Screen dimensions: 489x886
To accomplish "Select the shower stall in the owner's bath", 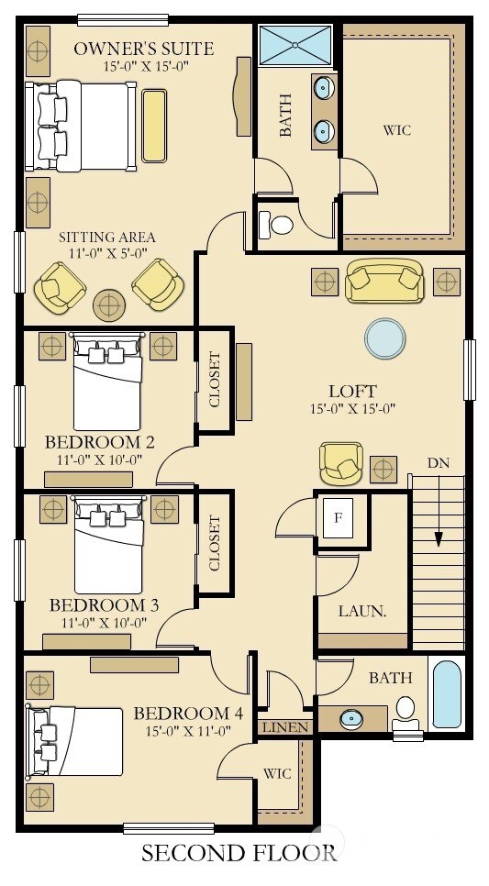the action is [295, 45].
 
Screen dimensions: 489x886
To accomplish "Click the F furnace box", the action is [338, 517].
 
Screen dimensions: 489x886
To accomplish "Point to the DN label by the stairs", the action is [439, 463].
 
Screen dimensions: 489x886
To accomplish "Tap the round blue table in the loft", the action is [385, 338].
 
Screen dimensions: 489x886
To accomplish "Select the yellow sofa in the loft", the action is [384, 280].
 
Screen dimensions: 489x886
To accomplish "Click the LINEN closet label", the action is [286, 727].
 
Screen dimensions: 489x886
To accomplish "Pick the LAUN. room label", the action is [361, 611].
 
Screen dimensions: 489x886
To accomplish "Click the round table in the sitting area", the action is [109, 305].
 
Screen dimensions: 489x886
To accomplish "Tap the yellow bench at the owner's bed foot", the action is [154, 126].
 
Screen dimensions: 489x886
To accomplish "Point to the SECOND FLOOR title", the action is [239, 852].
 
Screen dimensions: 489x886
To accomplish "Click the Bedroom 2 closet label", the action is [215, 380].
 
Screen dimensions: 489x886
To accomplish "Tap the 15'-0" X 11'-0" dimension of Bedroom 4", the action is [189, 731].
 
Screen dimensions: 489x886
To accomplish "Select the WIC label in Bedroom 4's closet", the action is [277, 773].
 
